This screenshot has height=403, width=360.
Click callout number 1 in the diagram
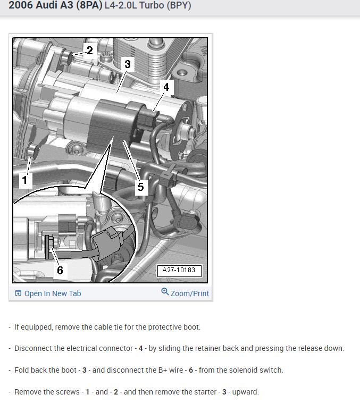23,180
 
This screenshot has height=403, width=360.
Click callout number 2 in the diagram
89,51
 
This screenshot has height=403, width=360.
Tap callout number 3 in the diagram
127,64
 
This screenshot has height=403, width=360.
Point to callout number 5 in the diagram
140,187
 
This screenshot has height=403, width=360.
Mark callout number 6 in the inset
60,270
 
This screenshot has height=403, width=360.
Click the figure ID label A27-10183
179,270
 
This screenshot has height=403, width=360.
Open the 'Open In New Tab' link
53,293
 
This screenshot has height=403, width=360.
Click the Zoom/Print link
189,293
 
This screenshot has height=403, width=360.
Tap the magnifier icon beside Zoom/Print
165,292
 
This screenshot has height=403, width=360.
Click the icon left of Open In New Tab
18,293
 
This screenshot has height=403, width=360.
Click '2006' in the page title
20,6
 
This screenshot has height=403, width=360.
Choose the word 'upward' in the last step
244,392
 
